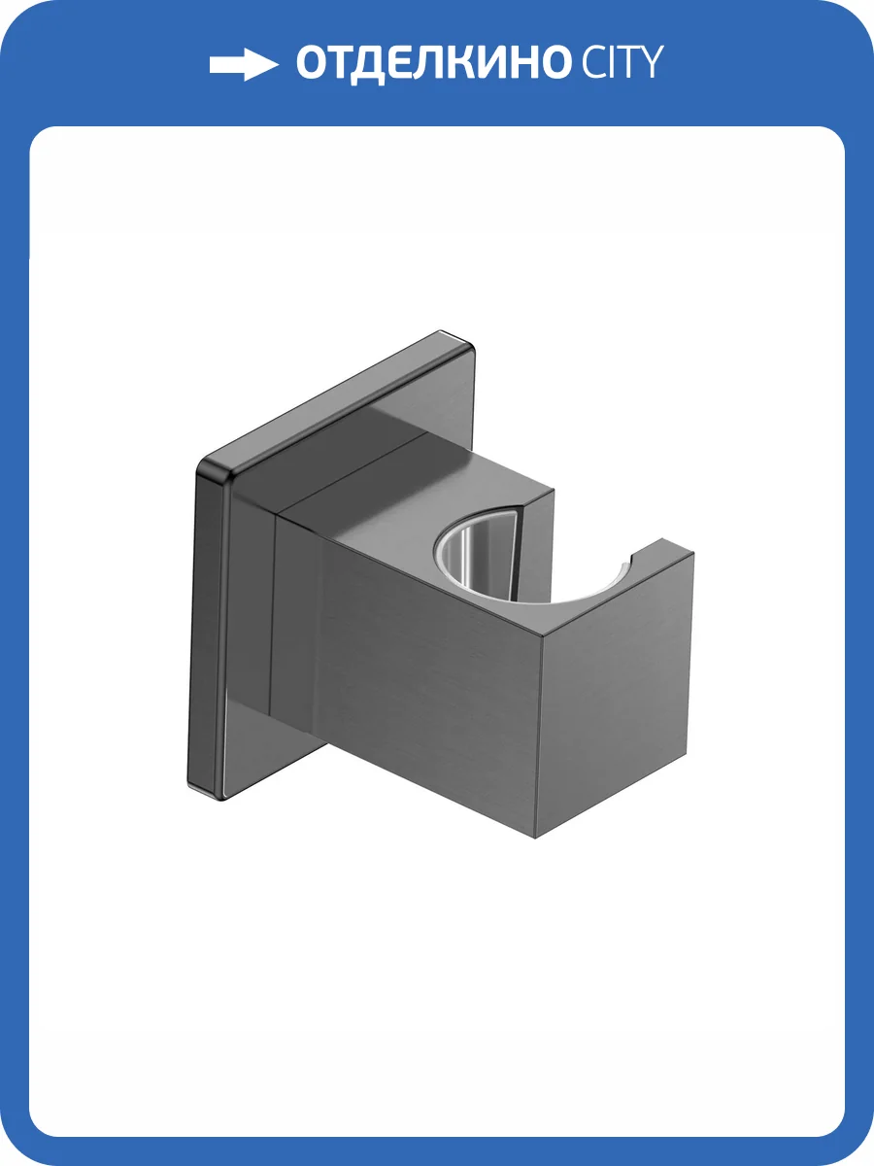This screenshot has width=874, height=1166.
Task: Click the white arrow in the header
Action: point(243,65)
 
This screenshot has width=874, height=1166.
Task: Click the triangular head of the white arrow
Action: point(261,65)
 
